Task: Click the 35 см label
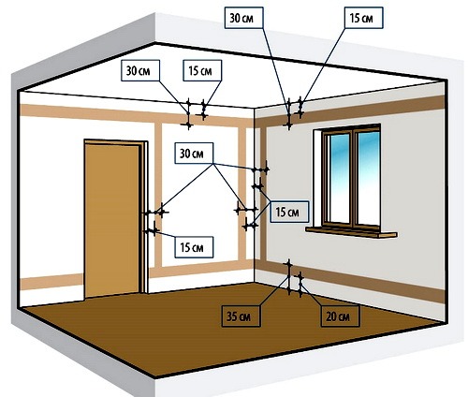pos(241,316)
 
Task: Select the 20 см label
pos(340,316)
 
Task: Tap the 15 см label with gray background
pos(289,212)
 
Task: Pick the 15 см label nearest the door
pos(194,247)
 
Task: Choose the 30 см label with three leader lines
pos(194,154)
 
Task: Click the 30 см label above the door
pos(140,71)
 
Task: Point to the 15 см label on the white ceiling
pos(202,71)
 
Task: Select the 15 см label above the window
pos(363,18)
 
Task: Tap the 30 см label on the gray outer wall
pos(243,18)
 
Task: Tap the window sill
pos(351,231)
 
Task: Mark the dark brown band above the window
pos(349,111)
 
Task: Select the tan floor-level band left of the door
pos(51,282)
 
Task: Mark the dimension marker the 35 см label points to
pos(289,277)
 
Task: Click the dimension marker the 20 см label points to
pos(300,285)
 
